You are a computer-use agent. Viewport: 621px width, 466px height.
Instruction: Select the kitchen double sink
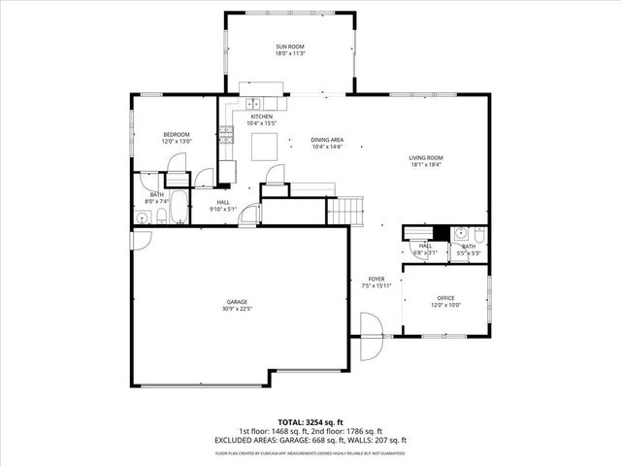[253, 104]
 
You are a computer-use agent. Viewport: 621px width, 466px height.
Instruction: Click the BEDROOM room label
[176, 134]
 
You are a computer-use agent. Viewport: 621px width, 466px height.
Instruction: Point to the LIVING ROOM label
[425, 157]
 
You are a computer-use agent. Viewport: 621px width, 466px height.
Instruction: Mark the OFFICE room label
[445, 297]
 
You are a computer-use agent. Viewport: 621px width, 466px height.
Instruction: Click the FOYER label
[376, 279]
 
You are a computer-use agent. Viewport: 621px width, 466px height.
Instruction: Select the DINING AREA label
[326, 140]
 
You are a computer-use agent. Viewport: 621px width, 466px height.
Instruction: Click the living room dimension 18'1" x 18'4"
[425, 165]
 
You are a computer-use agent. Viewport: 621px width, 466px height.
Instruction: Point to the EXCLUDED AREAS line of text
[310, 440]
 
